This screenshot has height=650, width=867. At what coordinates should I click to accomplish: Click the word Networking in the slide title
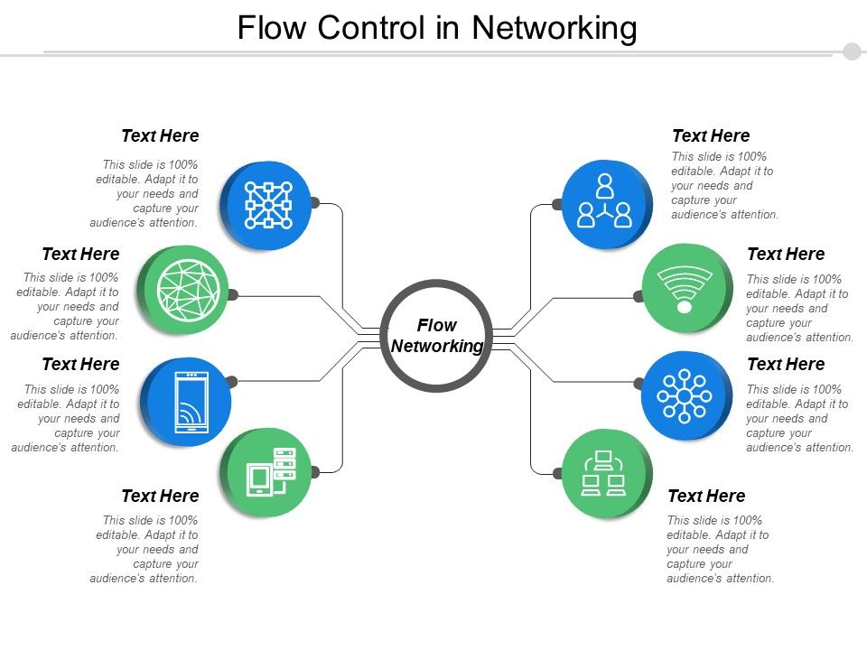pos(555,29)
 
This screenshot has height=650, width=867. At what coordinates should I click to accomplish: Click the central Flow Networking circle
pos(436,336)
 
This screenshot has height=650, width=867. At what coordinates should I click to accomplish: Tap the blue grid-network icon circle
pos(267,204)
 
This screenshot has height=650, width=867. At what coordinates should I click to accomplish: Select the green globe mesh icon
pos(188,290)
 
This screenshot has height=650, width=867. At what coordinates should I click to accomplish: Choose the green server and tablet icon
pos(269,472)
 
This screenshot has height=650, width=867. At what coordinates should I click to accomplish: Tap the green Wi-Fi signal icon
pos(685,289)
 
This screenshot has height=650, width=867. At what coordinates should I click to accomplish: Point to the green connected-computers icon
pos(604,473)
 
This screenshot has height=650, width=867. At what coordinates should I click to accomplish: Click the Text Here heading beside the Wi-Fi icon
pos(786,254)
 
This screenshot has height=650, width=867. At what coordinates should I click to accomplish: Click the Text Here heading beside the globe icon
pos(80,254)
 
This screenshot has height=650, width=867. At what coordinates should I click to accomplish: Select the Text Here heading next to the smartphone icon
pos(80,364)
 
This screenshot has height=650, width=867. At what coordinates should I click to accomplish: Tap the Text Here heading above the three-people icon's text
pos(711,135)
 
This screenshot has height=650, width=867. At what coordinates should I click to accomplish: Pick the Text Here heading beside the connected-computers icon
pos(706,496)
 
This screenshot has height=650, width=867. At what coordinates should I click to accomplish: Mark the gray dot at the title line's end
pos(852,51)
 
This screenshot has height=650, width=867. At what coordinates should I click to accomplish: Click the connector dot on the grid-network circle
pos(315,203)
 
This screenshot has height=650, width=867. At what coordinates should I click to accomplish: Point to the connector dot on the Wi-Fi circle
pos(638,296)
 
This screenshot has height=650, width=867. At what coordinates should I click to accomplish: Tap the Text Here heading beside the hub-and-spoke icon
pos(786,364)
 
